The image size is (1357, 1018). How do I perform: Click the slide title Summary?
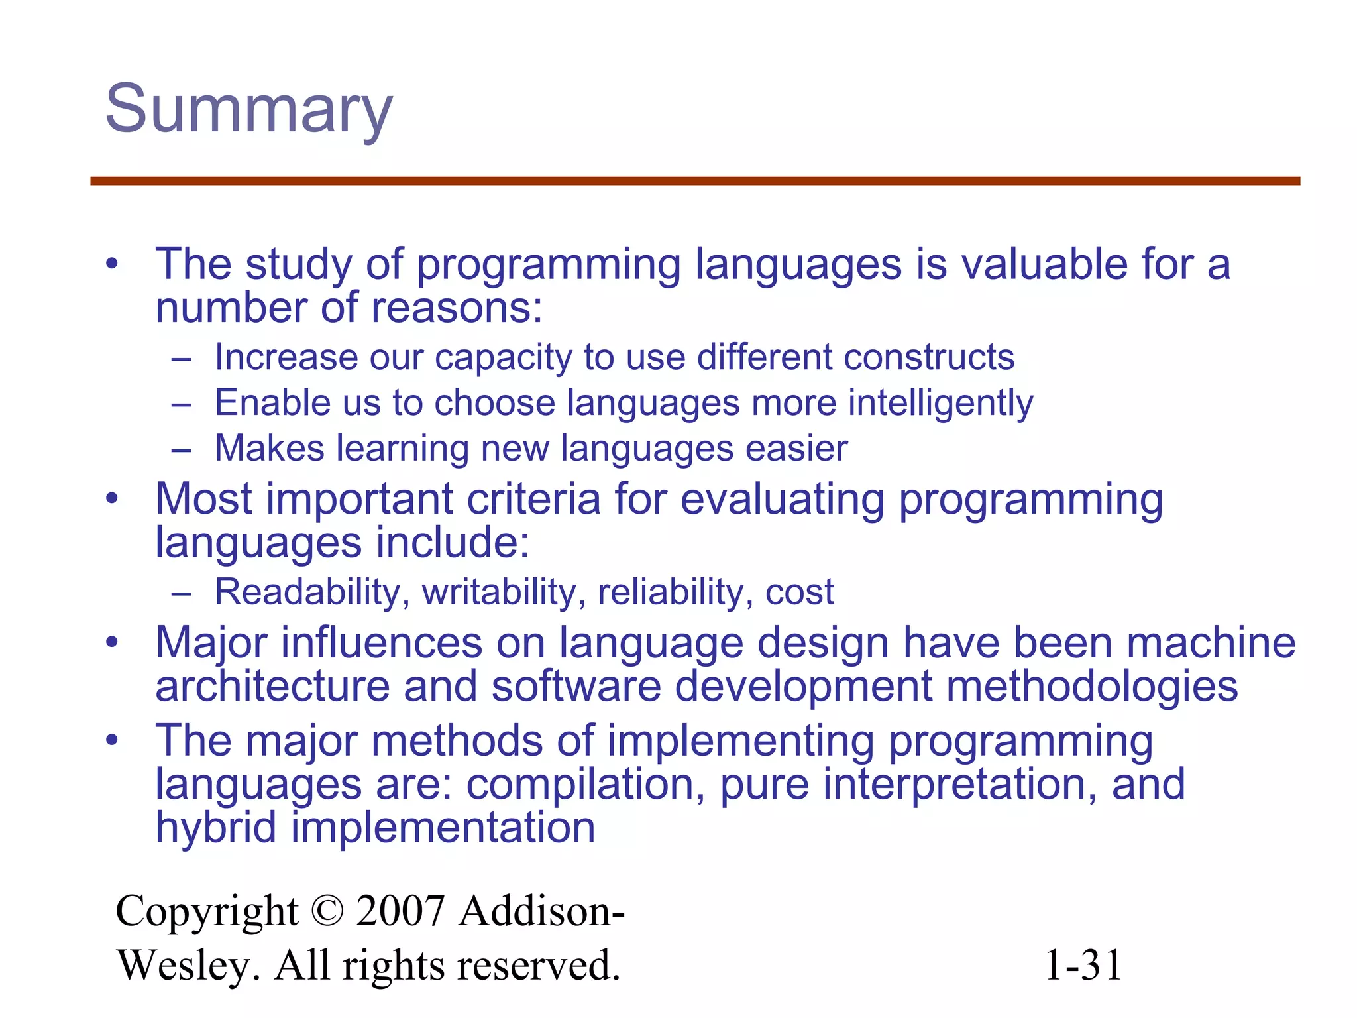coord(249,110)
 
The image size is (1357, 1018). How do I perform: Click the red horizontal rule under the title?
coord(694,181)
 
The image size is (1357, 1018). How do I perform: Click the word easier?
coord(796,449)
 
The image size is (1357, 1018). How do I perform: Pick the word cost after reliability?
coord(799,593)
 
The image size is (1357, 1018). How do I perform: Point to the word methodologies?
coord(1092,686)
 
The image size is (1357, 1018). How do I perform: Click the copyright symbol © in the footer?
coord(327,911)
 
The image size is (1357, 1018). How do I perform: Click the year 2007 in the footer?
coord(400,911)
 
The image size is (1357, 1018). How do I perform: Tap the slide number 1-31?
coord(1082,965)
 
